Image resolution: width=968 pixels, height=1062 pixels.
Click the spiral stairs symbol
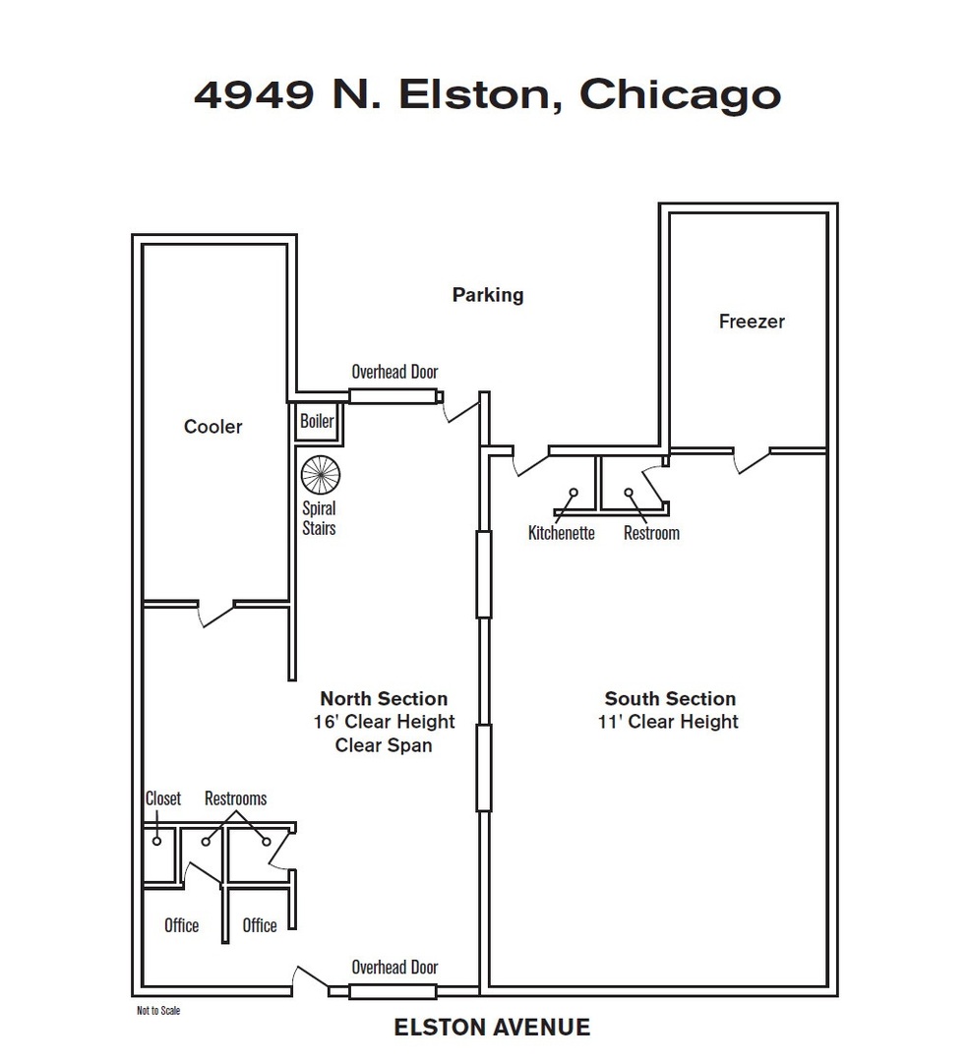[x=321, y=475]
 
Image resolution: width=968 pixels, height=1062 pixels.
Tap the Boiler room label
[x=317, y=421]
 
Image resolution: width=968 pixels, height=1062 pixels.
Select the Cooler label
[x=212, y=427]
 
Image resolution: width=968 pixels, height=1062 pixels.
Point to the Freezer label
[x=752, y=321]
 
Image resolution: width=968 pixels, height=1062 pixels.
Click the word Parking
[x=488, y=295]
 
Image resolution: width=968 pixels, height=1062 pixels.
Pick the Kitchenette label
[x=562, y=533]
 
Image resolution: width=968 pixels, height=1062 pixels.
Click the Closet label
[x=163, y=798]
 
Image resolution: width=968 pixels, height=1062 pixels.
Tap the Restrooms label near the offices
[x=236, y=798]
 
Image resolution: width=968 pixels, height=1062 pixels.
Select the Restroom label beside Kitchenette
[x=651, y=533]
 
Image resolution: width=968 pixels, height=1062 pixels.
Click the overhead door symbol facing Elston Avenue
[x=393, y=991]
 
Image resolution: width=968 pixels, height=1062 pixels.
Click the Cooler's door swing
[x=216, y=613]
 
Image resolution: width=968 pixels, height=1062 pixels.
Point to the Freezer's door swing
[x=752, y=460]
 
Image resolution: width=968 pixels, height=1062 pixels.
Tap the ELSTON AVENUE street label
[x=492, y=1028]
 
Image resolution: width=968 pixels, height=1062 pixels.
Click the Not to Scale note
[x=158, y=1011]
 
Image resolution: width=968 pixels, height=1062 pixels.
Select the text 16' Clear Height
[x=384, y=722]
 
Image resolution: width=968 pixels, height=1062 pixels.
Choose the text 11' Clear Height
[x=668, y=722]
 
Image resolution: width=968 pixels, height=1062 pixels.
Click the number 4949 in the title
[x=254, y=94]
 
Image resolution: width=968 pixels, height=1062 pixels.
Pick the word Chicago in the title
[x=680, y=95]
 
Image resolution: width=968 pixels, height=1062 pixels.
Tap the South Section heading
[x=670, y=699]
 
